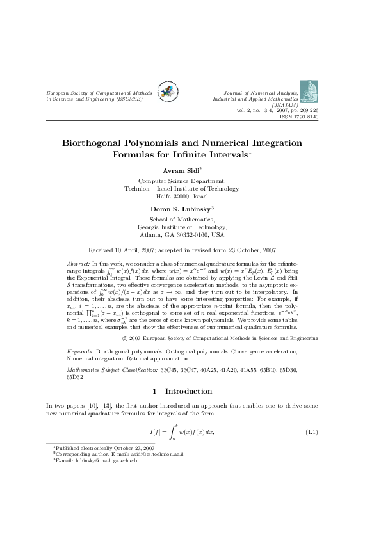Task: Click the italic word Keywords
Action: coord(81,352)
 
